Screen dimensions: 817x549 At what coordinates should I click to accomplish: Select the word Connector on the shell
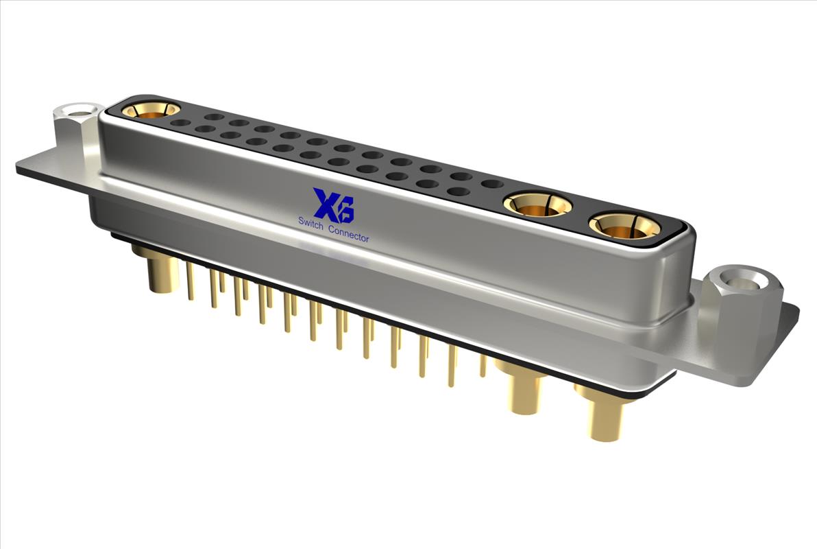pyautogui.click(x=349, y=234)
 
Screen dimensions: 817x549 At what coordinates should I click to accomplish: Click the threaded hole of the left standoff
pyautogui.click(x=79, y=112)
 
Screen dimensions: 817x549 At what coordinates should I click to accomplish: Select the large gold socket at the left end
pyautogui.click(x=151, y=110)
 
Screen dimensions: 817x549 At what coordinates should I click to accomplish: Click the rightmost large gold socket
pyautogui.click(x=624, y=226)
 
